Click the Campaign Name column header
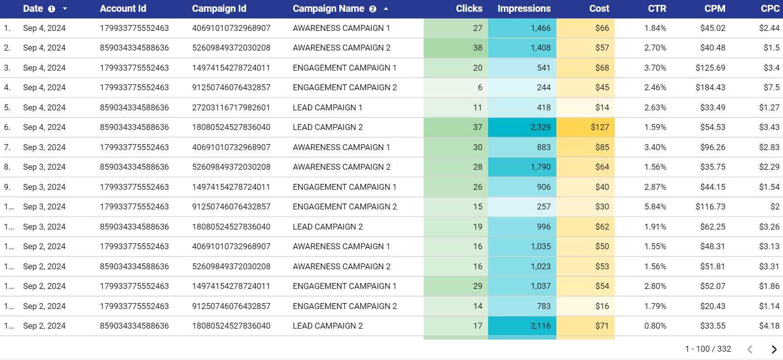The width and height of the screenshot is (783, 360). (x=328, y=9)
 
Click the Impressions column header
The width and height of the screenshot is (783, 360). (x=523, y=9)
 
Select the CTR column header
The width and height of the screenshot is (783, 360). (x=656, y=9)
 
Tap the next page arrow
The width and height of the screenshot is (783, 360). (x=774, y=349)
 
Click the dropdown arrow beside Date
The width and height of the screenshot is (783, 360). (x=65, y=9)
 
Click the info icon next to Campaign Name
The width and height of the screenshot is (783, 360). (x=372, y=9)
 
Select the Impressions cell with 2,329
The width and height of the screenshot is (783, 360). (x=540, y=127)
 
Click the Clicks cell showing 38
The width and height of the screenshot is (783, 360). (x=477, y=48)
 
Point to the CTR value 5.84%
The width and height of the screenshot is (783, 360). (x=655, y=206)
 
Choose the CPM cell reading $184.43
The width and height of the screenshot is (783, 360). (x=712, y=87)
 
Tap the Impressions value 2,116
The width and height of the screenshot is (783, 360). (x=540, y=326)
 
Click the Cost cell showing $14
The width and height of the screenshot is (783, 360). (x=602, y=107)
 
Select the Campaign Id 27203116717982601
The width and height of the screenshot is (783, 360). (x=231, y=107)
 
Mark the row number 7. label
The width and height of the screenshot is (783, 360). (x=7, y=147)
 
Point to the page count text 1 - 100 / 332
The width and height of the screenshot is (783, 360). (x=707, y=349)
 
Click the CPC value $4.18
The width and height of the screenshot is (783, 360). (x=769, y=326)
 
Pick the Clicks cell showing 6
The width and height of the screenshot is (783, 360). (x=480, y=87)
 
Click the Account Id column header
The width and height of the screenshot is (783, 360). (x=123, y=9)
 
